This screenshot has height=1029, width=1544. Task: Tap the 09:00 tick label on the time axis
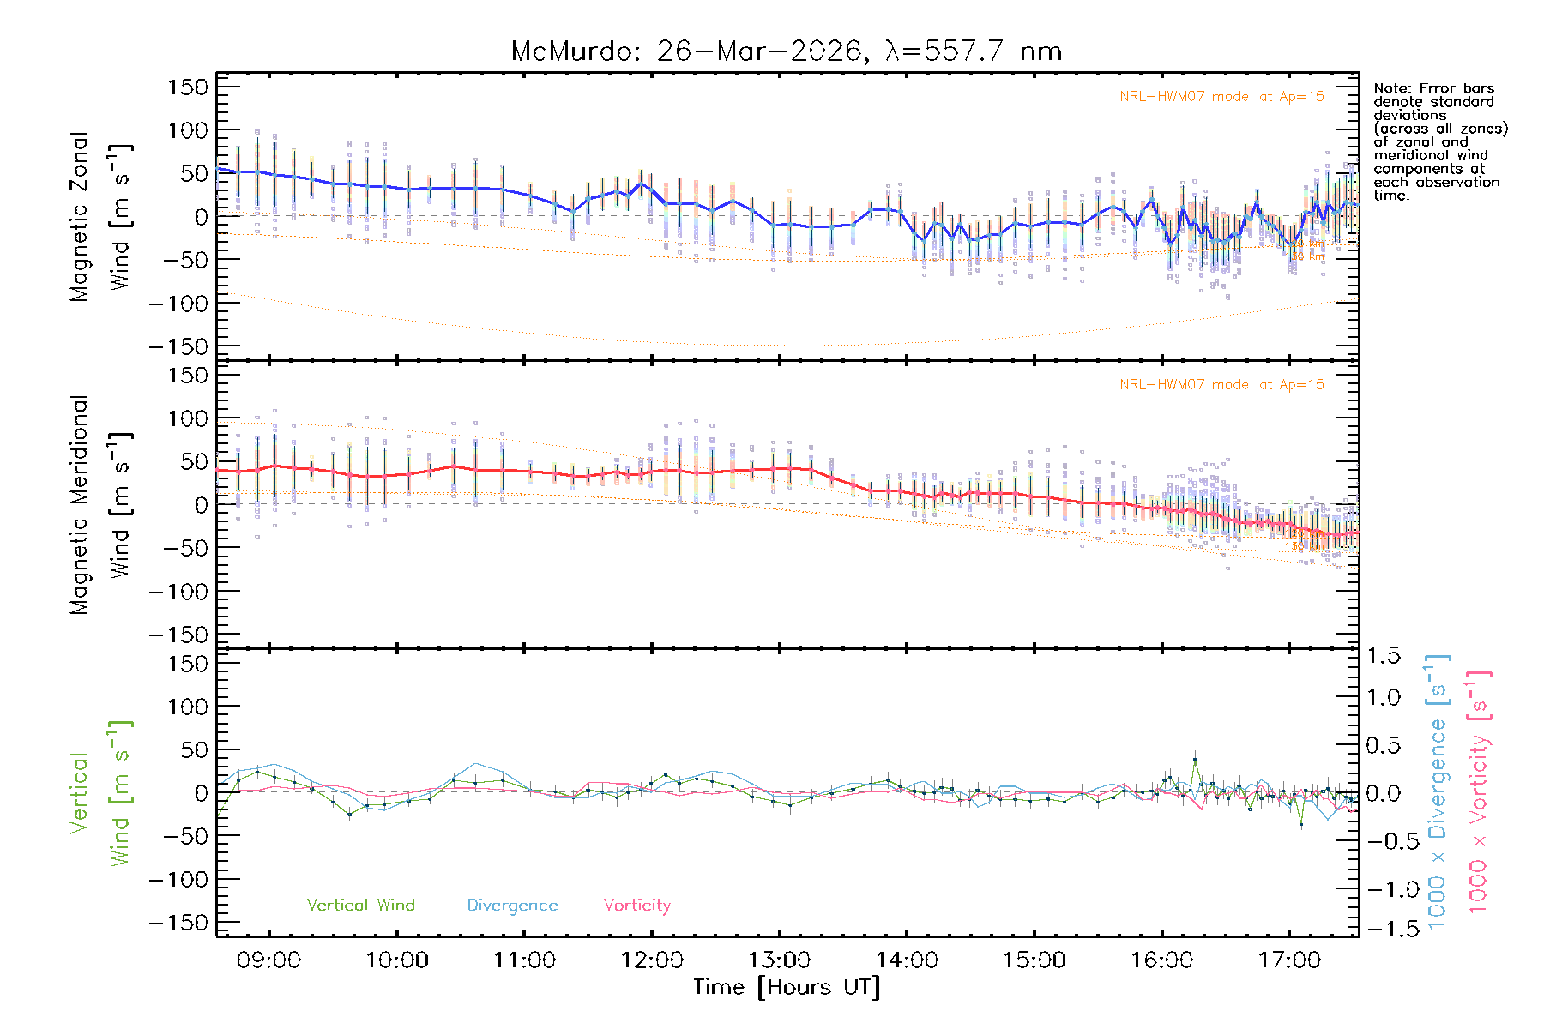[269, 960]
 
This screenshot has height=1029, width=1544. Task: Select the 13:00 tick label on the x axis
[780, 960]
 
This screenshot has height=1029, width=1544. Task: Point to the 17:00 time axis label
[1289, 960]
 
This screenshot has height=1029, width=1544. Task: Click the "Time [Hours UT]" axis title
[787, 987]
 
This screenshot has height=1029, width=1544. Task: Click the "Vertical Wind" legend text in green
[360, 905]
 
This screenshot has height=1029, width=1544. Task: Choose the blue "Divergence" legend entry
[512, 905]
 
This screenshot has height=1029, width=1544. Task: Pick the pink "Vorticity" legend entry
[636, 905]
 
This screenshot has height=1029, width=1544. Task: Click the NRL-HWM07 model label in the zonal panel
[1221, 96]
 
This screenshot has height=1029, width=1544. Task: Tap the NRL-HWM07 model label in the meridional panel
[1221, 384]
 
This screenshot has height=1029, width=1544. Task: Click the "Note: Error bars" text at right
[1434, 88]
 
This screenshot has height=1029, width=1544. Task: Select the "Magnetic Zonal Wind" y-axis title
[101, 216]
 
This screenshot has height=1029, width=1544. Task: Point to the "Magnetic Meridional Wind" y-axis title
[101, 504]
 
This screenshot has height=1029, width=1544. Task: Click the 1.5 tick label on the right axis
[1383, 656]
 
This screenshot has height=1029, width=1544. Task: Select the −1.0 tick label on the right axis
[1383, 889]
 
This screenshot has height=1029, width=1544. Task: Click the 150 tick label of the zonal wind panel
[188, 87]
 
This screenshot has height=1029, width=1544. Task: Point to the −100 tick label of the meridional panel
[178, 592]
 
